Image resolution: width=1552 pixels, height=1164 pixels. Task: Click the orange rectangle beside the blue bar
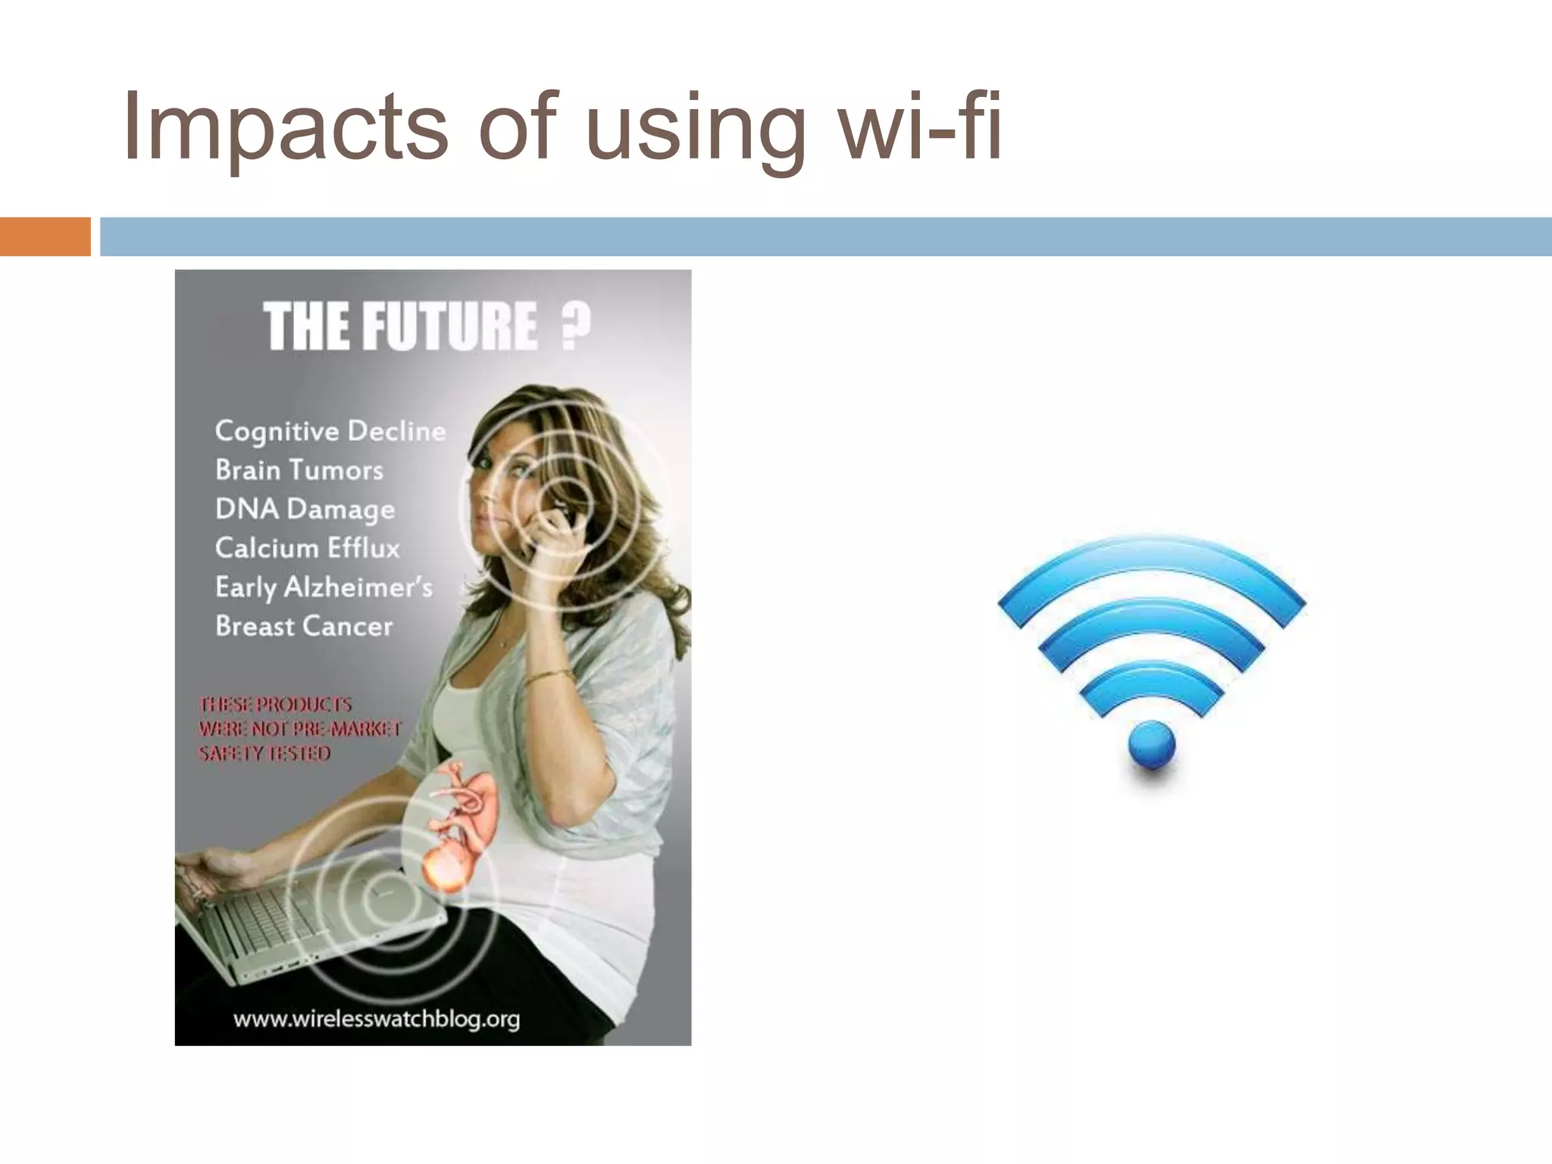pyautogui.click(x=45, y=236)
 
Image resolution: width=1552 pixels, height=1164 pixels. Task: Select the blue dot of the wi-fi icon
pyautogui.click(x=1151, y=744)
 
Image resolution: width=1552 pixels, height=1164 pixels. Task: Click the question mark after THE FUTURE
pyautogui.click(x=575, y=326)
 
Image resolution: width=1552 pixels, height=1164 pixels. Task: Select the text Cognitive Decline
pyautogui.click(x=330, y=431)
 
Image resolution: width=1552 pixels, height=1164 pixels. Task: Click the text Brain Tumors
pyautogui.click(x=299, y=471)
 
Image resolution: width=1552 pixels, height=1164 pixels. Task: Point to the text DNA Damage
pyautogui.click(x=305, y=509)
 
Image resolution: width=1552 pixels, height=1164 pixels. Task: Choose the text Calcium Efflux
pyautogui.click(x=307, y=548)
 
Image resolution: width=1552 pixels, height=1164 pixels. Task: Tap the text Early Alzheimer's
pyautogui.click(x=324, y=587)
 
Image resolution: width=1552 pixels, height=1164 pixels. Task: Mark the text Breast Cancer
pyautogui.click(x=304, y=627)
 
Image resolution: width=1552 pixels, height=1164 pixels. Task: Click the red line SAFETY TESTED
pyautogui.click(x=264, y=753)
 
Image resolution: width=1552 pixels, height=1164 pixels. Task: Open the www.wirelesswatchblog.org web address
pyautogui.click(x=377, y=1019)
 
